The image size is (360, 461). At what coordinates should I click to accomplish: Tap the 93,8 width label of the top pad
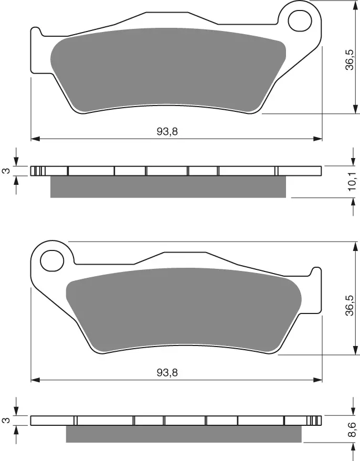point(167,132)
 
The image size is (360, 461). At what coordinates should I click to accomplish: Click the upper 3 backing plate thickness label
point(6,171)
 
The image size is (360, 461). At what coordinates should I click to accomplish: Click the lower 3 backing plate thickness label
point(6,420)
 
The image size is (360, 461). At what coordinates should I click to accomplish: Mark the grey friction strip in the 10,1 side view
point(168,187)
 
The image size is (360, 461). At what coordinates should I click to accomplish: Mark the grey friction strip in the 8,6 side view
point(184,434)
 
